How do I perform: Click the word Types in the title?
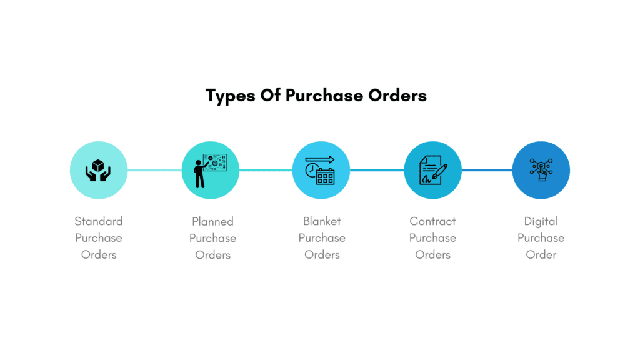coord(231,96)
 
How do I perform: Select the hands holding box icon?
coord(98,170)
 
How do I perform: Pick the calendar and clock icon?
coord(321,170)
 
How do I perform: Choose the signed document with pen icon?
coord(433,170)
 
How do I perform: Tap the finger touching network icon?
coord(541,170)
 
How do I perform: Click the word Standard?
coord(99,221)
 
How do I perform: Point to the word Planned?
coord(212,222)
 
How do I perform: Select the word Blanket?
coord(322,221)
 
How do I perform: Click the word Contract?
coord(432,221)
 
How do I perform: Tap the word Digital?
coord(541,222)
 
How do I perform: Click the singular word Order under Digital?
coord(541,255)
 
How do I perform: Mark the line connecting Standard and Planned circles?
coord(155,170)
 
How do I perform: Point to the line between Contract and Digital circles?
coord(487,170)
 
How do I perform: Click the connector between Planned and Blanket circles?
coord(266,170)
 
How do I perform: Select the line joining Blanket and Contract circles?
coord(377,170)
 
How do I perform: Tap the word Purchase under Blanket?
coord(322,238)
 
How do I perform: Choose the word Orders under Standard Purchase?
coord(99,255)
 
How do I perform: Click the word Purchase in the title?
coord(324,96)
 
